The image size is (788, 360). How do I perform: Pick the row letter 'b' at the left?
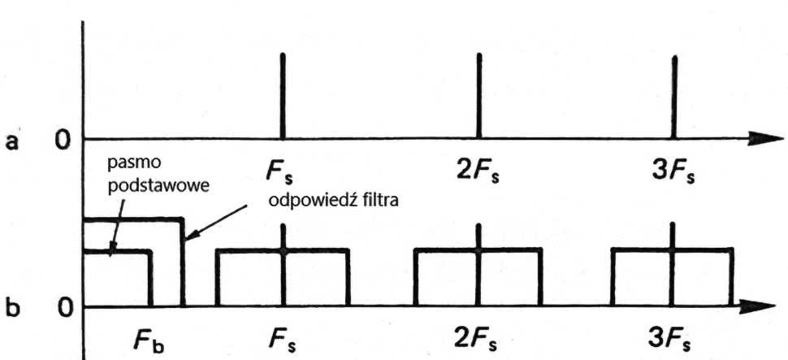pyautogui.click(x=13, y=310)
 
